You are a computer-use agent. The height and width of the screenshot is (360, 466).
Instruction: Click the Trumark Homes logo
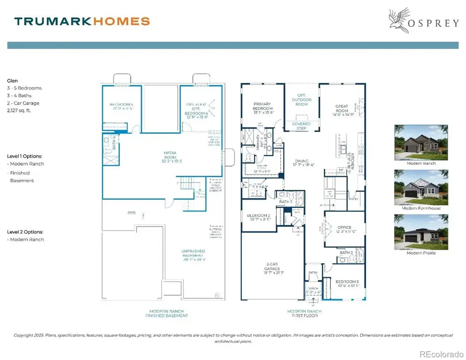[x=82, y=21]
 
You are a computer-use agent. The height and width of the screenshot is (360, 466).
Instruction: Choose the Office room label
[x=344, y=229]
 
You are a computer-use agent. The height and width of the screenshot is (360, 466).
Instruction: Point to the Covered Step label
[x=301, y=126]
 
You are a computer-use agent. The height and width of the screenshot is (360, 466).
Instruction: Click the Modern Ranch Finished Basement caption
[x=166, y=313]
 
